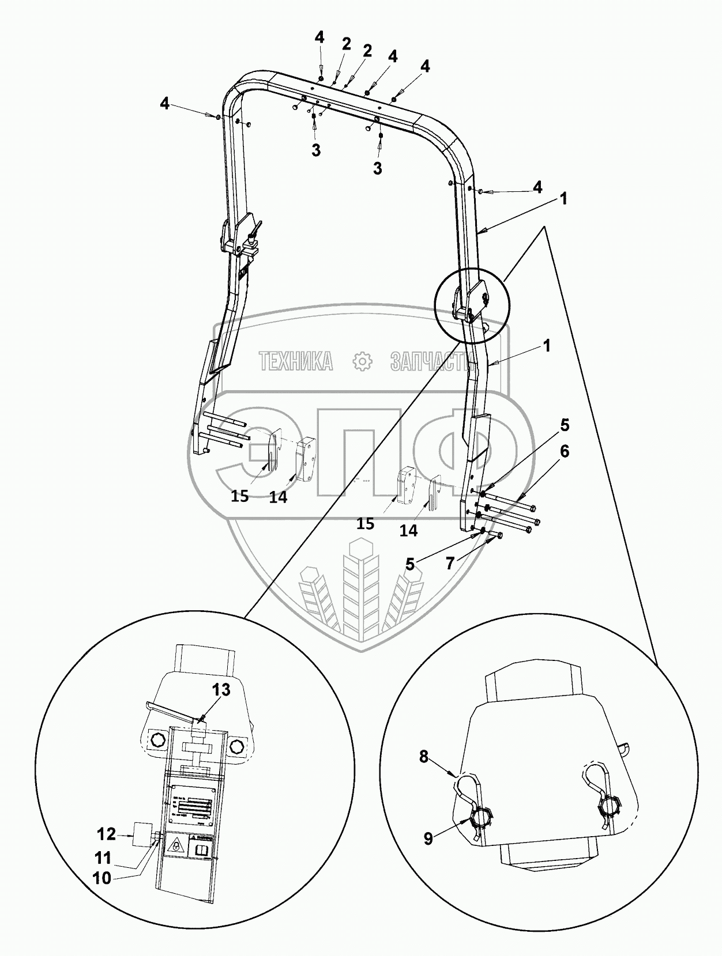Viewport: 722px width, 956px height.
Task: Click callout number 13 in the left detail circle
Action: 221,689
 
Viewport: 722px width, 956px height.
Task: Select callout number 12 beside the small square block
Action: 107,833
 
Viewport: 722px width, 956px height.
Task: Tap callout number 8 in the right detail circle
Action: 424,757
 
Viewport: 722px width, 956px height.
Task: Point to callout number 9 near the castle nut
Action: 428,838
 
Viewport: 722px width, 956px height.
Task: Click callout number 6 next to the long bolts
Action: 564,451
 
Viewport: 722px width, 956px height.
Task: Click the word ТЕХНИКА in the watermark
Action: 296,361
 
